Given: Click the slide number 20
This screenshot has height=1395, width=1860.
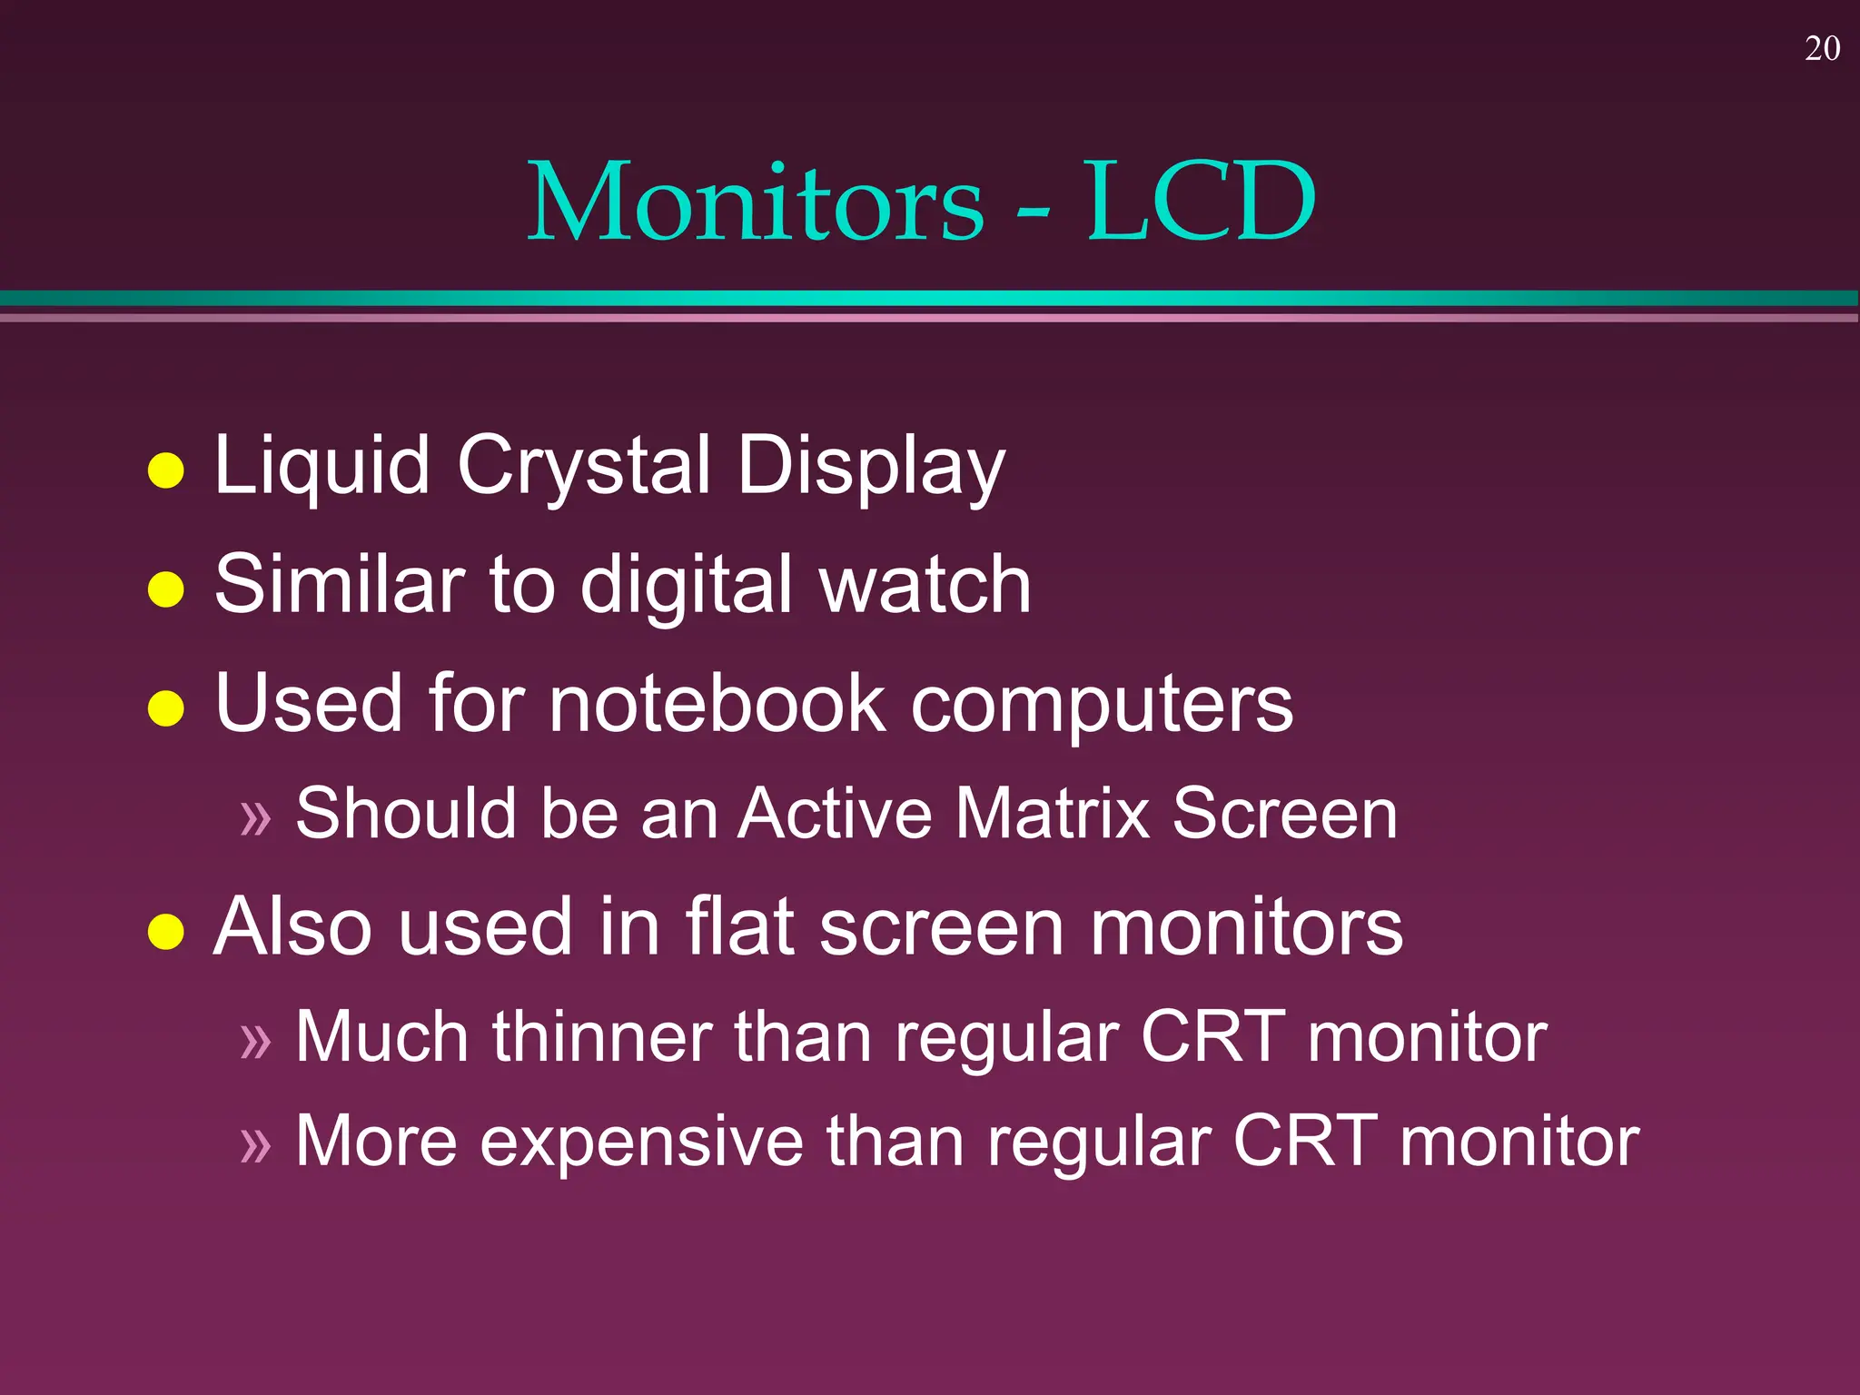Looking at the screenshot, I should coord(1822,49).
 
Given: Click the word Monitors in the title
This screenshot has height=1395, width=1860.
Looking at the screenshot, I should coord(756,201).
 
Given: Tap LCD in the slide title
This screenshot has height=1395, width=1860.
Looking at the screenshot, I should coord(1201,201).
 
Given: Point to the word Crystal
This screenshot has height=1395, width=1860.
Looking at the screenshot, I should coord(584,466).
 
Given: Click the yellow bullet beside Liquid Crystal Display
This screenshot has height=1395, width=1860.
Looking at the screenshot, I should coord(166,470).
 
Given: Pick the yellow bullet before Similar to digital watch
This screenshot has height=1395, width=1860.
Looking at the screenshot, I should coord(166,589).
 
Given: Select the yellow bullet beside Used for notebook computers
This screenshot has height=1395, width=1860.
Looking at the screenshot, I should coord(166,708).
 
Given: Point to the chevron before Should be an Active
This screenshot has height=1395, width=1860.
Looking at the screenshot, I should coord(256,818).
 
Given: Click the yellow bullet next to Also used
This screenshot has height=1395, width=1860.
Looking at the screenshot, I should coord(166,932).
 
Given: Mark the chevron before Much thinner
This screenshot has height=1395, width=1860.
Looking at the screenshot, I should coord(256,1042).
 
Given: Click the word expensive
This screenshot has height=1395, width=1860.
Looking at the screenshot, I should coord(641,1142).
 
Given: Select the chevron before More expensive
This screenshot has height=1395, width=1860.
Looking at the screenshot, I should coord(256,1145).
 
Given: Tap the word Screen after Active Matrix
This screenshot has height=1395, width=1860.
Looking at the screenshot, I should coord(1284,813).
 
